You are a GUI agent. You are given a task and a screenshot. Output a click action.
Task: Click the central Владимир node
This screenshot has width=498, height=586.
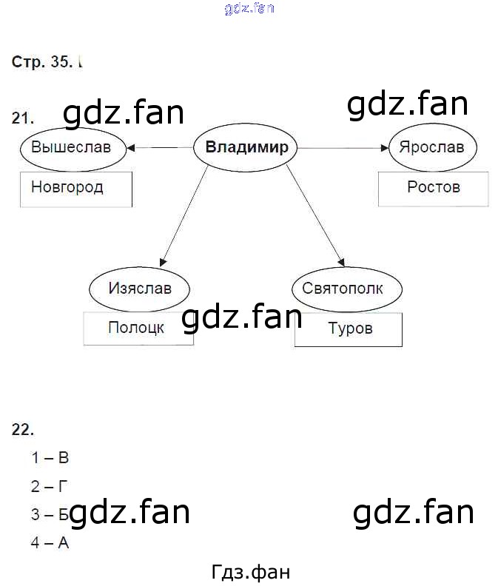click(x=246, y=147)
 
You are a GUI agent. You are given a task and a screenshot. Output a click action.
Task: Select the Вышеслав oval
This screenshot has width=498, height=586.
click(x=71, y=147)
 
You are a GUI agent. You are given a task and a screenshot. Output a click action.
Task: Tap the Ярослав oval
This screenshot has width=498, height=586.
click(x=431, y=147)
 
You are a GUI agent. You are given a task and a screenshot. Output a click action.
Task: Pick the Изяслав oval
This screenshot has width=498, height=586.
click(x=139, y=288)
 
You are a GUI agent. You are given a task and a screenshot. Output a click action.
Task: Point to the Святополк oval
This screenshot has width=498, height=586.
click(x=343, y=288)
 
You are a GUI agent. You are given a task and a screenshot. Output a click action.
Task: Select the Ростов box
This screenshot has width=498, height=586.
click(x=433, y=189)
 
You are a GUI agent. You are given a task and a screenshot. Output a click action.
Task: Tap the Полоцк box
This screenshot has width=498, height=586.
click(x=138, y=328)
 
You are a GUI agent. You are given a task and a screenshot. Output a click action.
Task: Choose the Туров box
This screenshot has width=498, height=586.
click(x=349, y=329)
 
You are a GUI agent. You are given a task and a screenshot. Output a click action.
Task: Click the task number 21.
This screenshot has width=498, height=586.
click(x=23, y=118)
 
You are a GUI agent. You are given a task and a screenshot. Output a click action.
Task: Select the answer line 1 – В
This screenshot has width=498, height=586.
click(x=50, y=458)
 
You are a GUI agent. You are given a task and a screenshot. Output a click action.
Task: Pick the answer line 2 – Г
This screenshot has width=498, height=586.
click(x=50, y=486)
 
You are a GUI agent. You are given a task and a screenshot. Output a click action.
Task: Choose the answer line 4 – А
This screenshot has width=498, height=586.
click(x=50, y=543)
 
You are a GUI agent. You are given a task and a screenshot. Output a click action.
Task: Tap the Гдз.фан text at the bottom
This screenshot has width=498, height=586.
click(x=250, y=572)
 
